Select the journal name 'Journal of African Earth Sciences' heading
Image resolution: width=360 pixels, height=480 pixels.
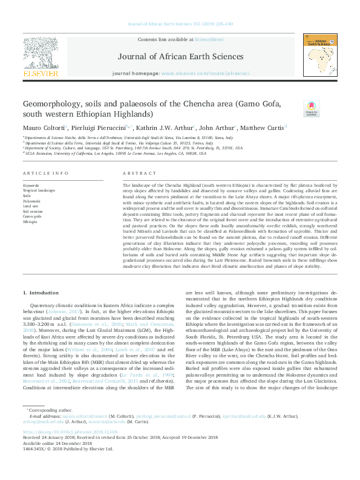point(180,57)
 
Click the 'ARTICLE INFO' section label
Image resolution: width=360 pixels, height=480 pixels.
point(45,173)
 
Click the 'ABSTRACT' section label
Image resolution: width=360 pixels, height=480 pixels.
point(137,173)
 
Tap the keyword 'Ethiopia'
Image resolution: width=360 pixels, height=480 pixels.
point(30,221)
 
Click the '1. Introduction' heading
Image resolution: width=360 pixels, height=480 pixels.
point(42,293)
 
